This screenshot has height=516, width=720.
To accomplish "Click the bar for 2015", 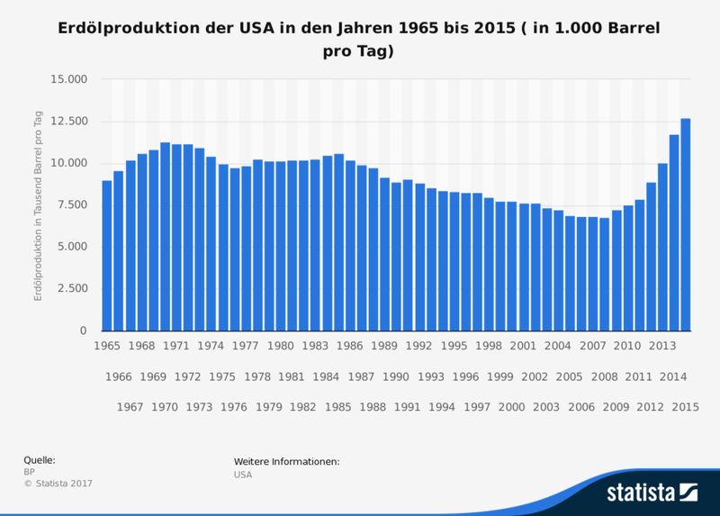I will pyautogui.click(x=686, y=225).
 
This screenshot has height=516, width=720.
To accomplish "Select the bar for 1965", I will pyautogui.click(x=107, y=256).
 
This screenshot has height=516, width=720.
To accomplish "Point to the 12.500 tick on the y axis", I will pyautogui.click(x=68, y=122).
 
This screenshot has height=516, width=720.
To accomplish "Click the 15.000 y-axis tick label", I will pyautogui.click(x=68, y=79).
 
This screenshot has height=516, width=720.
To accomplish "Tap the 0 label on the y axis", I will pyautogui.click(x=83, y=331).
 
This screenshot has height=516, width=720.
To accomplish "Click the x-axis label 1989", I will pyautogui.click(x=385, y=346).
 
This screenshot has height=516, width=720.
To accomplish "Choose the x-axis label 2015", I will pyautogui.click(x=686, y=407).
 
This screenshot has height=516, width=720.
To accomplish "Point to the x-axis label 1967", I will pyautogui.click(x=130, y=407).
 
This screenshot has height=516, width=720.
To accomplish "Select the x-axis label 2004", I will pyautogui.click(x=559, y=346).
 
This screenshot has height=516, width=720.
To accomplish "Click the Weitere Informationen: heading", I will pyautogui.click(x=286, y=462).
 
